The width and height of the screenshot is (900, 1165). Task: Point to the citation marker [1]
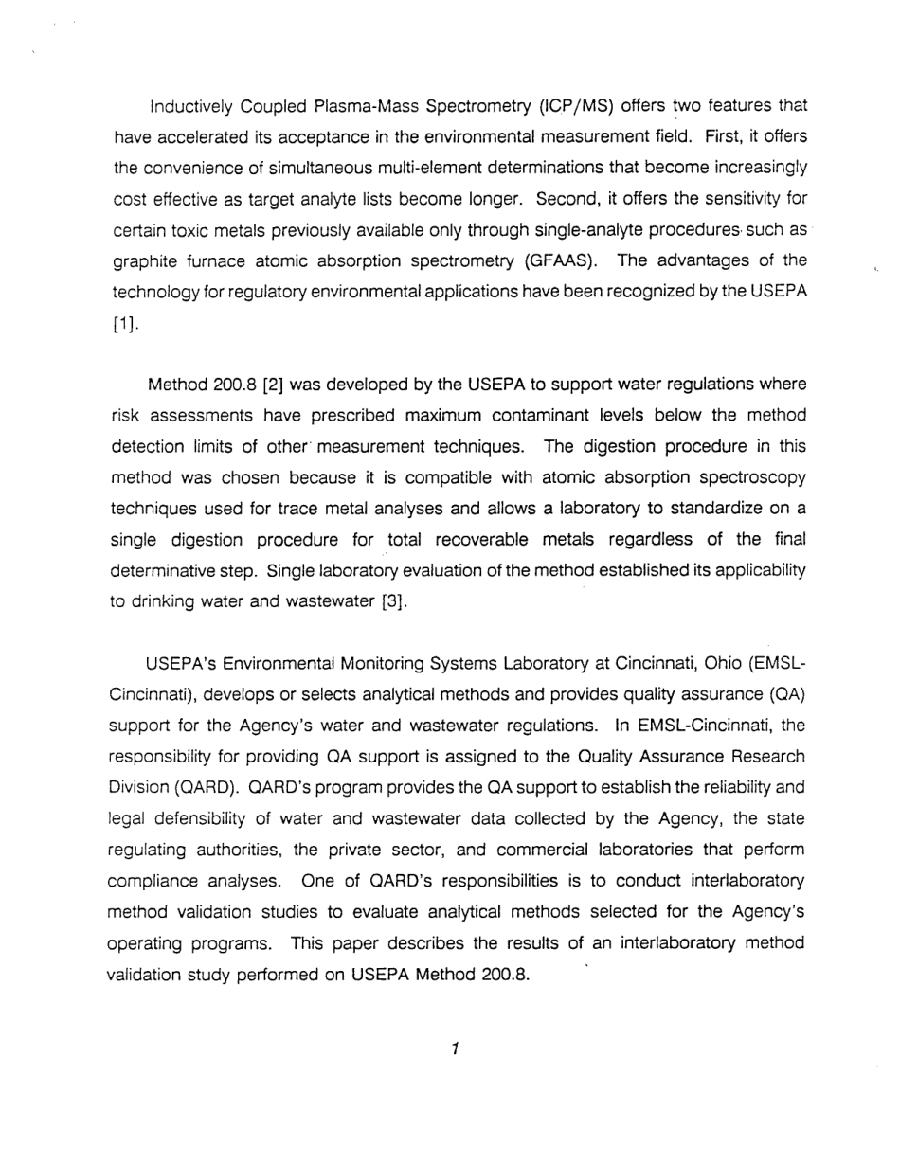pyautogui.click(x=125, y=327)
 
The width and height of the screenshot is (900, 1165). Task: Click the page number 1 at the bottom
pyautogui.click(x=455, y=1048)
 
